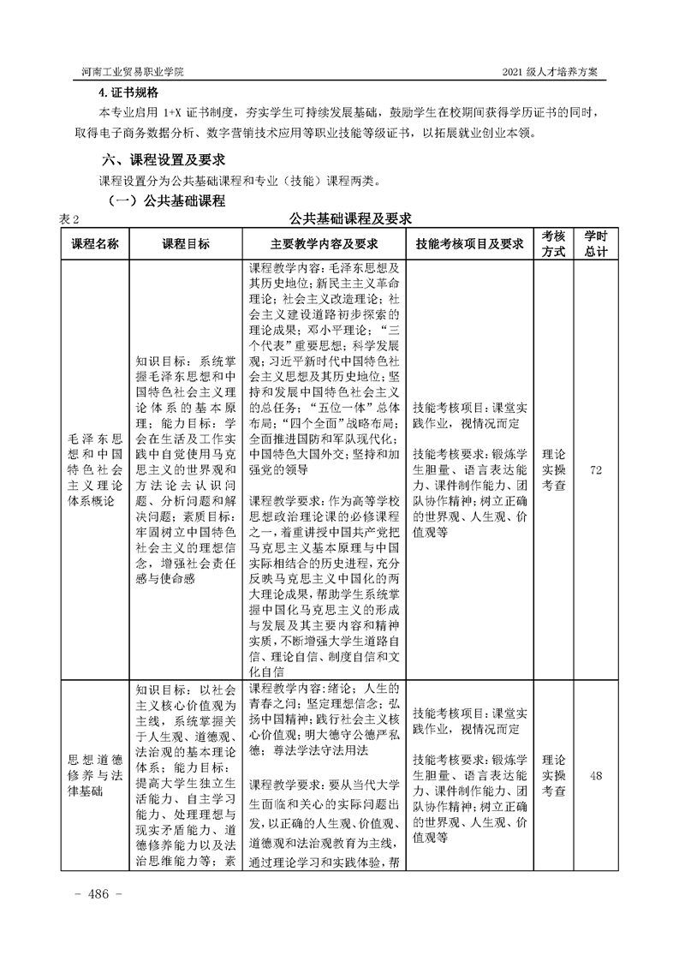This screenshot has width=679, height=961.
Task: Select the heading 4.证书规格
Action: pyautogui.click(x=129, y=93)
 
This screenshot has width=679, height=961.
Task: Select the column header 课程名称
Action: pyautogui.click(x=94, y=244)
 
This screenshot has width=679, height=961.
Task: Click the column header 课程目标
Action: pyautogui.click(x=186, y=244)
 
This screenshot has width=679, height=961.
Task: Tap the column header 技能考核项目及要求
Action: pyautogui.click(x=469, y=244)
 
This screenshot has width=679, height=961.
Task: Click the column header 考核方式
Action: pyautogui.click(x=554, y=244)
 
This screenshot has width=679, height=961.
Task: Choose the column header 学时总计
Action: pyautogui.click(x=597, y=244)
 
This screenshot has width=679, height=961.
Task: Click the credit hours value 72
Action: pyautogui.click(x=597, y=470)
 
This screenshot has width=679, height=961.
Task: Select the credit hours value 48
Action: pyautogui.click(x=597, y=776)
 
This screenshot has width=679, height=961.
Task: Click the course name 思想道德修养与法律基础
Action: pyautogui.click(x=94, y=776)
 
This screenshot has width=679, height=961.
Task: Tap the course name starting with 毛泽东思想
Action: pyautogui.click(x=94, y=470)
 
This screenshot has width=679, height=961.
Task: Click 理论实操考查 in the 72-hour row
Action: pyautogui.click(x=554, y=470)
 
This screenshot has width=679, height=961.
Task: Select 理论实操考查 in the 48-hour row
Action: pyautogui.click(x=554, y=776)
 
